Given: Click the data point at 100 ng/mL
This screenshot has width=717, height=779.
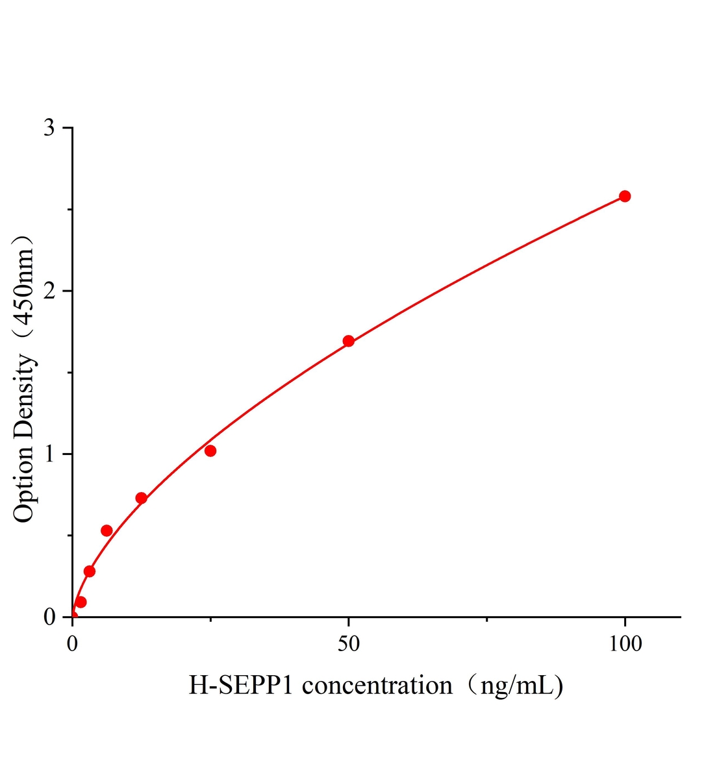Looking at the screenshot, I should click(624, 196).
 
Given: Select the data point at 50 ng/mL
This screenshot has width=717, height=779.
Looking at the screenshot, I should click(348, 341).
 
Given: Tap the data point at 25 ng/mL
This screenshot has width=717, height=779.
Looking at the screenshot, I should click(210, 451).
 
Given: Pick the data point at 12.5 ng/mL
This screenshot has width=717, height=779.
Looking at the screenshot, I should click(141, 498).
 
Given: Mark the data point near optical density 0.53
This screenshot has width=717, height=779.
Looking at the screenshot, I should click(107, 530).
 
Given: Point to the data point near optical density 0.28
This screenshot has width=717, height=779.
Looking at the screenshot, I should click(90, 571).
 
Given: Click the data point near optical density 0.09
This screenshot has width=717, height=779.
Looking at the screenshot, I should click(81, 602).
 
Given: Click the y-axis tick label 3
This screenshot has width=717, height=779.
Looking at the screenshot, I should click(49, 128).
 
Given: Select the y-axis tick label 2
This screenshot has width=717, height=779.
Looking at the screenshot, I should click(49, 291).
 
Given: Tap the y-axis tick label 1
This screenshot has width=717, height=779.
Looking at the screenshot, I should click(49, 454).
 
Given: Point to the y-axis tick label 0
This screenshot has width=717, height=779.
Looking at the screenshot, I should click(49, 617).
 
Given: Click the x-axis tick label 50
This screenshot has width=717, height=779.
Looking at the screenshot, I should click(349, 643).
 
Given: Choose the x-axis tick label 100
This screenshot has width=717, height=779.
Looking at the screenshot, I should click(625, 643).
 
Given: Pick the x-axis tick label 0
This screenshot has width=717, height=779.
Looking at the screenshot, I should click(73, 643).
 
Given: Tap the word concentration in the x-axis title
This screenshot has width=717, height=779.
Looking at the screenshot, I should click(377, 686).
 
